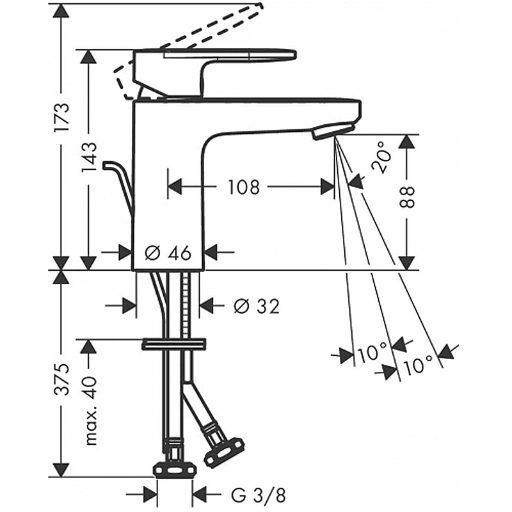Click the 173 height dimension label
coord(62,117)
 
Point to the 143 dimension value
coord(89,157)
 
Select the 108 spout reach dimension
coord(243,187)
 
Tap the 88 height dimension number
coord(406,197)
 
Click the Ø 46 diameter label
coord(168,253)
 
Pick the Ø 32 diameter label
coord(257,307)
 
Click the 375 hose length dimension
coord(62,379)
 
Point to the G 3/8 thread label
coord(259,495)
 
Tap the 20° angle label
coord(381,157)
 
